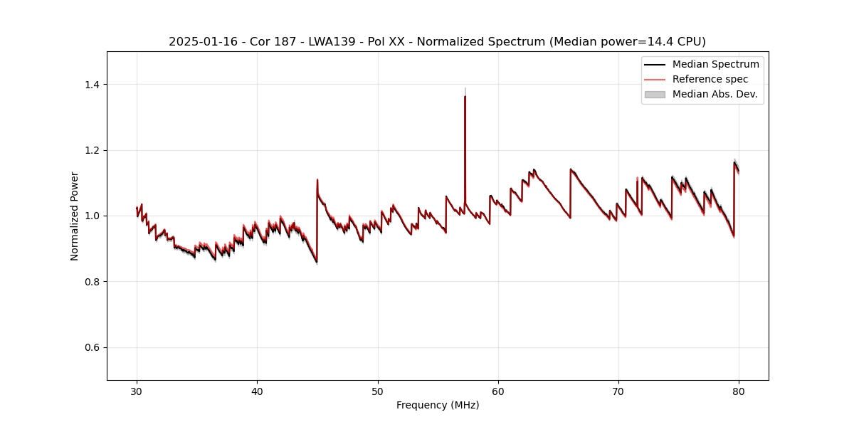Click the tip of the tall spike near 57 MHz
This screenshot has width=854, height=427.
465,96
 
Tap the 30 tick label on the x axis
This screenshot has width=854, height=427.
137,391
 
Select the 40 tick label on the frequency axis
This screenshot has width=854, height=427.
257,391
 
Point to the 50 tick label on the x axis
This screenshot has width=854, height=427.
378,391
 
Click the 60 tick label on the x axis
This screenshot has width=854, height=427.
498,391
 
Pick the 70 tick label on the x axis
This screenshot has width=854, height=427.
618,391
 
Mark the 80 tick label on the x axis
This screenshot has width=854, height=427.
739,391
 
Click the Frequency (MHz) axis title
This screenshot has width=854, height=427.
438,405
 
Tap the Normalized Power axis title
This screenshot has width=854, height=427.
75,216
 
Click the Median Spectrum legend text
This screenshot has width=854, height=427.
715,64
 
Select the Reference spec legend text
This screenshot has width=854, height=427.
710,79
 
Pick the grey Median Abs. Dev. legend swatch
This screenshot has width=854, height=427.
655,94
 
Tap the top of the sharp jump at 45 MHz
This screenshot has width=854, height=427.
317,179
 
